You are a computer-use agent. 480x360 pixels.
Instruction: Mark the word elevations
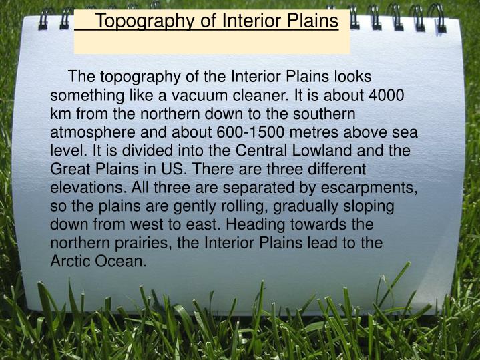tap(86, 188)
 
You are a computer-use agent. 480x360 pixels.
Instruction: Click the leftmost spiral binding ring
tap(45, 18)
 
